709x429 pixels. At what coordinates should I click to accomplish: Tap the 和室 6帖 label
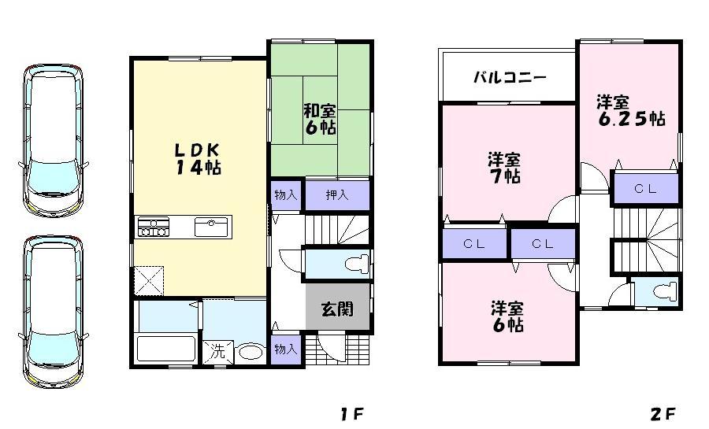321,119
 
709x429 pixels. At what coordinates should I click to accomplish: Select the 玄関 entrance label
337,309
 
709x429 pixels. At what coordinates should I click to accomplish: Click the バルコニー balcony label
510,78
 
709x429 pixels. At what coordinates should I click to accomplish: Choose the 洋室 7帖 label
503,168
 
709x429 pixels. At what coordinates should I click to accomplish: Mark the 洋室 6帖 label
507,315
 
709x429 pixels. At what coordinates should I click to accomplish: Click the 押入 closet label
337,195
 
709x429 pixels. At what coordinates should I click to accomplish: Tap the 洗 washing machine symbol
216,352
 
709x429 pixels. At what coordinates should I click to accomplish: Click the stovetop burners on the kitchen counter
154,227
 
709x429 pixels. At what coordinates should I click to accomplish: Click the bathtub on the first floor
166,349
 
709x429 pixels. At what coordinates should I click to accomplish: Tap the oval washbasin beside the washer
251,352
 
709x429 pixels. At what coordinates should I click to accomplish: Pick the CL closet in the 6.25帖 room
645,189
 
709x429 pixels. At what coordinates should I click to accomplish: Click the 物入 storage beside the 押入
286,195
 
